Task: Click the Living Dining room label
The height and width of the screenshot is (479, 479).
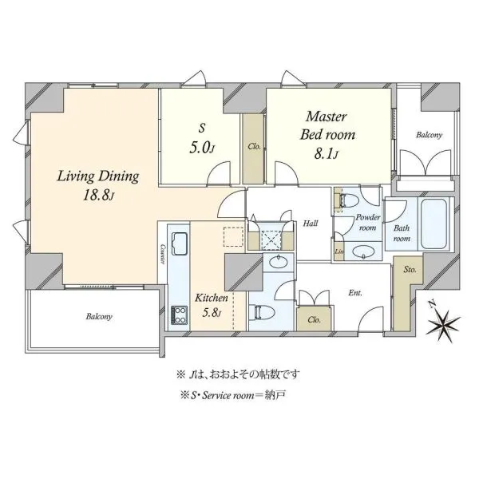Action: tap(98, 177)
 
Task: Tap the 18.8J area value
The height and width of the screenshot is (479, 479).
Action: tap(98, 196)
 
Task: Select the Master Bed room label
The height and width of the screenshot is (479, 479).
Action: tap(327, 125)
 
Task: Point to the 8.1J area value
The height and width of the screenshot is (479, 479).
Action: tap(327, 154)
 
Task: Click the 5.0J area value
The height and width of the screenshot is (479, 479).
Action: tap(201, 148)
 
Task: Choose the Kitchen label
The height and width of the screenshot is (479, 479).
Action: tap(212, 298)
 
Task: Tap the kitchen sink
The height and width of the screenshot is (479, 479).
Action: tap(180, 243)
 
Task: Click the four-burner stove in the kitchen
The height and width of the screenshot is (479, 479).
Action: tap(180, 315)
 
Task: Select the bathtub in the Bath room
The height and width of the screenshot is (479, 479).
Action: tap(433, 224)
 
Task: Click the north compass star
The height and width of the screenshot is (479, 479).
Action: tap(444, 327)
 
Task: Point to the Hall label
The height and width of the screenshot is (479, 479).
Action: tap(311, 224)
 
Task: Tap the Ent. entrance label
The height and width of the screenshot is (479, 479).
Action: tap(355, 293)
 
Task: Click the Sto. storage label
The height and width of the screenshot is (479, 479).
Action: tap(410, 270)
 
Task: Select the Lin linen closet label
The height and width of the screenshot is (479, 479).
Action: tap(339, 251)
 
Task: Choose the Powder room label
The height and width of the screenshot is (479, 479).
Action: tap(368, 223)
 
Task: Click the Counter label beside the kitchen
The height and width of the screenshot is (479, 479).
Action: tap(163, 254)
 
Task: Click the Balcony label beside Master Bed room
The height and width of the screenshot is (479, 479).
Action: tap(430, 135)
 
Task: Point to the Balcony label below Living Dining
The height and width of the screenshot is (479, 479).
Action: tap(99, 316)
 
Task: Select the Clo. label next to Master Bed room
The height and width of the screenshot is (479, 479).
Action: tap(254, 146)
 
